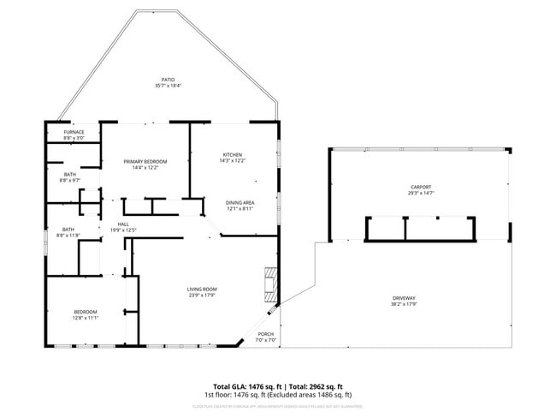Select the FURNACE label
[74, 132]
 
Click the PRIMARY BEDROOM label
[145, 161]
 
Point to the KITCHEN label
[233, 154]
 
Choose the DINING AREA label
[240, 202]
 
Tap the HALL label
[123, 224]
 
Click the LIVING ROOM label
[202, 289]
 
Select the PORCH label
[266, 334]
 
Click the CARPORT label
[421, 187]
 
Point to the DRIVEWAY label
[404, 297]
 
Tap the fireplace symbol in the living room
[270, 283]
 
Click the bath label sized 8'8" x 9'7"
[70, 175]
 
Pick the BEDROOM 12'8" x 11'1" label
[86, 311]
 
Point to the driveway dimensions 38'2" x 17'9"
[404, 303]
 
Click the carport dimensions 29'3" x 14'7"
[421, 193]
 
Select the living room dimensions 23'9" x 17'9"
[202, 295]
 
